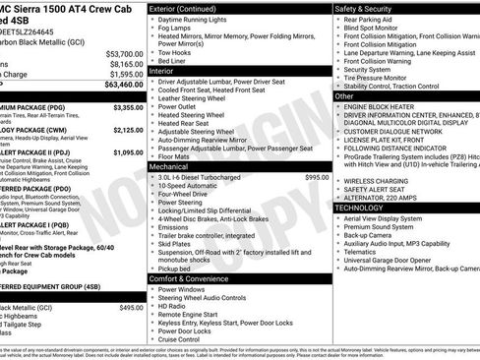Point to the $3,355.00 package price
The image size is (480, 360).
127,106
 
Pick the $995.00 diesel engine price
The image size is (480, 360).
317,177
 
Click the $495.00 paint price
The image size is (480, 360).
131,308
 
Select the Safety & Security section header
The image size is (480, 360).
363,8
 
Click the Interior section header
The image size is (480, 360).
161,71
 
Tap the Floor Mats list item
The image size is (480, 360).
175,156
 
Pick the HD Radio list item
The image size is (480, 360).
175,307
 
